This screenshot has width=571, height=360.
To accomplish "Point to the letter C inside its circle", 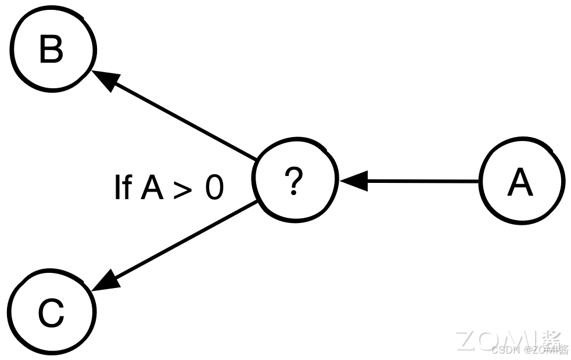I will pos(51,314).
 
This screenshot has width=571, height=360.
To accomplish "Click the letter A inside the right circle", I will pos(520,183).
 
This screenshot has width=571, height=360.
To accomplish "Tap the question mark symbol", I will pos(295,181).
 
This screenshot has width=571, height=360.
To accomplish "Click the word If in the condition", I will pos(122,188).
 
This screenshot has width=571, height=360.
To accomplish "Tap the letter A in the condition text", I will pos(153,188).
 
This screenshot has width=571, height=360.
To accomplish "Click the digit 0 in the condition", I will pos(214,189).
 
